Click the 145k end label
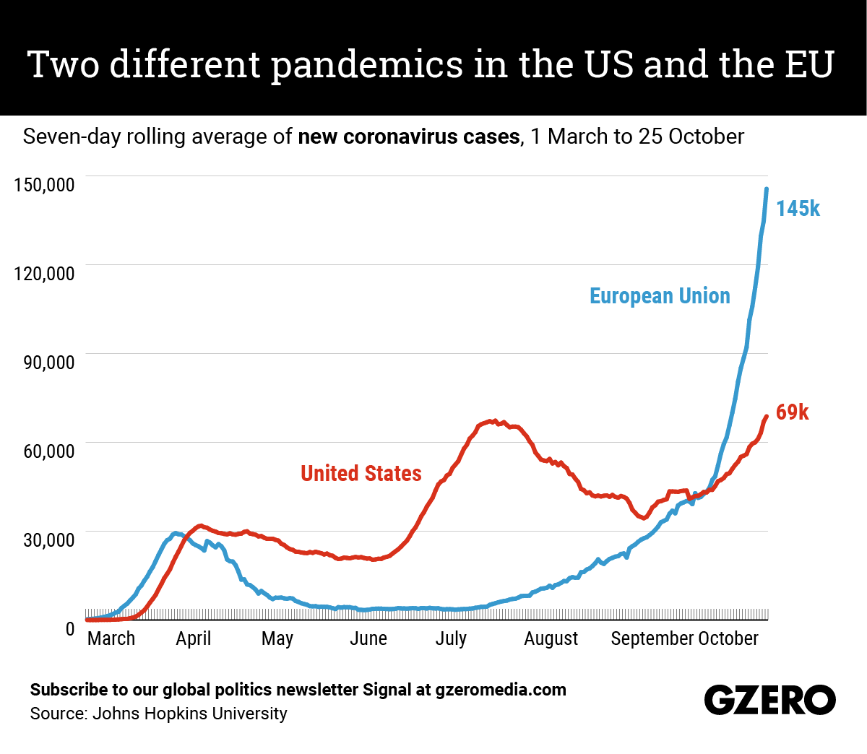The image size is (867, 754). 798,209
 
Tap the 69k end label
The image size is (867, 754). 792,412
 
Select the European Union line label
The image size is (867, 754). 660,296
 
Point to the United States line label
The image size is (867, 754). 361,473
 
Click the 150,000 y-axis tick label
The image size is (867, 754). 44,184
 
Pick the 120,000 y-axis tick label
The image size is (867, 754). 44,273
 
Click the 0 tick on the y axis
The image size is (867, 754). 70,629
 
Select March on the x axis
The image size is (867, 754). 111,638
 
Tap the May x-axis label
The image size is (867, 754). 277,638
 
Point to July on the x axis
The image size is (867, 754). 451,638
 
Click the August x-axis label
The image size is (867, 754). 551,638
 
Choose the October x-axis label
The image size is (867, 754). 728,638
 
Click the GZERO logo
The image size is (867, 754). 769,700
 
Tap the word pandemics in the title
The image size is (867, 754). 367,64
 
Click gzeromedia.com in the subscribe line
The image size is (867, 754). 501,690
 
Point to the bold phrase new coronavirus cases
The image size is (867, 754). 408,136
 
